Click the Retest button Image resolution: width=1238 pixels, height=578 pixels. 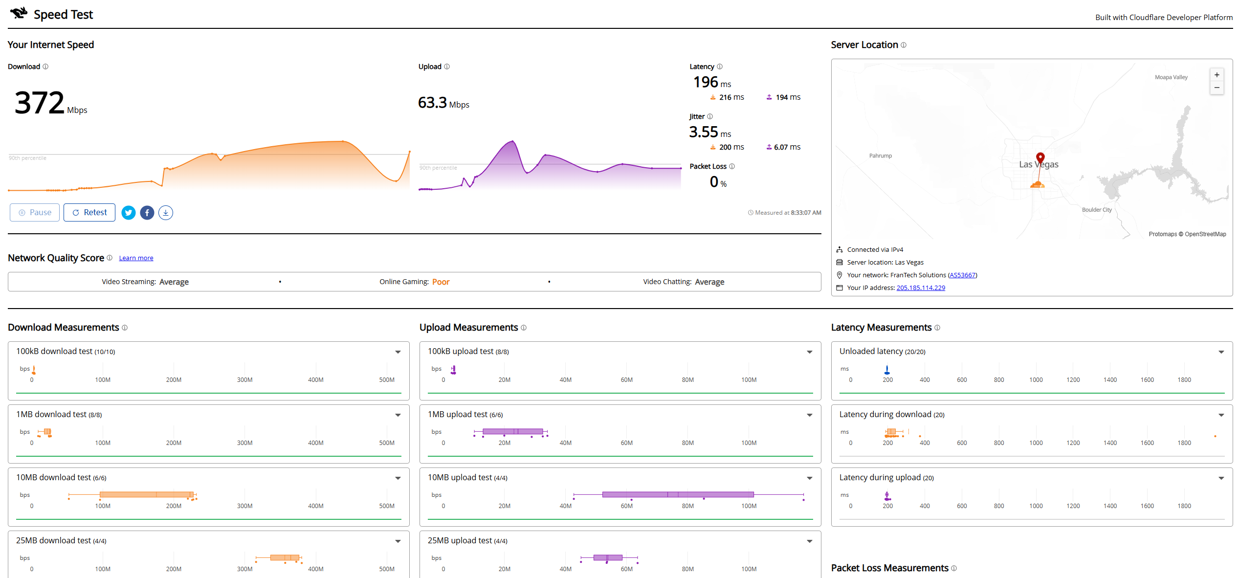click(x=89, y=212)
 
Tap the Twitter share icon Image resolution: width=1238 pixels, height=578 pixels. click(x=129, y=213)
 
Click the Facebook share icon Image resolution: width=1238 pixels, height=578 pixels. click(x=147, y=213)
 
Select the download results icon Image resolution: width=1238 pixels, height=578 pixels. click(x=166, y=213)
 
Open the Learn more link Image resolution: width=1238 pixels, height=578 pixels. click(x=136, y=258)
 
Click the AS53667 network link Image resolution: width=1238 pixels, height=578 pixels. click(x=962, y=275)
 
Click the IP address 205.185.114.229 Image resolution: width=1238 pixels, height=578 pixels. click(x=921, y=288)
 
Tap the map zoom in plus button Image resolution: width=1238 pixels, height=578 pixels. click(x=1217, y=75)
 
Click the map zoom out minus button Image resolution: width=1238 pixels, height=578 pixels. click(x=1217, y=88)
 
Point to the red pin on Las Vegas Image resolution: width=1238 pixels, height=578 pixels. click(x=1040, y=157)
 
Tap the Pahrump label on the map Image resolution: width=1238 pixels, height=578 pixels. click(x=881, y=156)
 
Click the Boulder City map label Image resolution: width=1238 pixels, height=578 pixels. click(x=1097, y=210)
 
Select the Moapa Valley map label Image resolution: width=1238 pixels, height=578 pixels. click(x=1171, y=77)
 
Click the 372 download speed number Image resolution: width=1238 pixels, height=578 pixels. click(x=40, y=103)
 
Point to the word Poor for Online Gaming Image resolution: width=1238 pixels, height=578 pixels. click(x=441, y=282)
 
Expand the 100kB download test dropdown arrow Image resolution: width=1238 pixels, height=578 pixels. click(x=398, y=352)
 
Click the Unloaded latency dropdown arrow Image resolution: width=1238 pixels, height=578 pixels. click(x=1221, y=352)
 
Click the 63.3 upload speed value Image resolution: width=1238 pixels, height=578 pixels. click(x=432, y=103)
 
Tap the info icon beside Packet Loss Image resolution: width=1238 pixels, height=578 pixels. click(x=732, y=166)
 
